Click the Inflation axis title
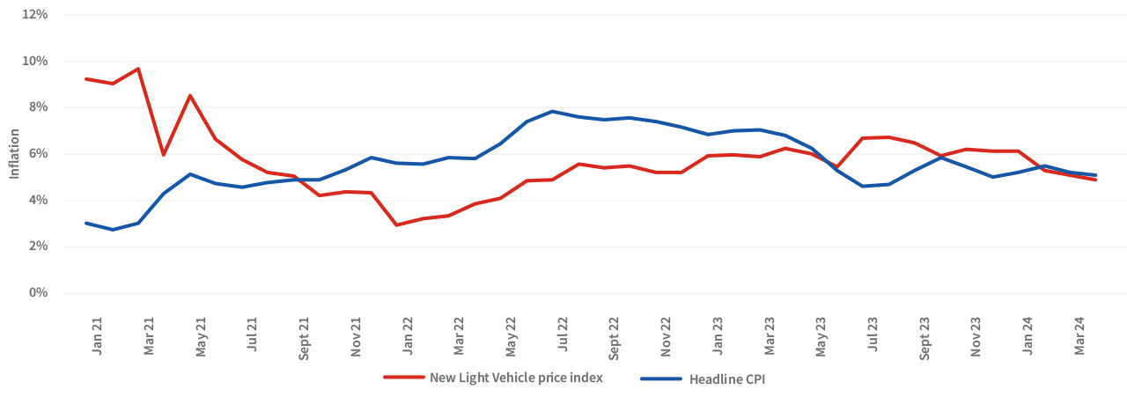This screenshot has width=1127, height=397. coord(14,154)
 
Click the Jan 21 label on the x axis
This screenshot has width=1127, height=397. coord(98,336)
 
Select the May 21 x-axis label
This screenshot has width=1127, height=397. coord(201,336)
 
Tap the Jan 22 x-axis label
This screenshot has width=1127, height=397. coord(409,336)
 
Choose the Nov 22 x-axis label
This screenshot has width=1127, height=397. coord(667,336)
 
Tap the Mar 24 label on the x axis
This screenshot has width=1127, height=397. coord(1079,336)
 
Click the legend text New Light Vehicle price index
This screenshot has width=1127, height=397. coord(516,379)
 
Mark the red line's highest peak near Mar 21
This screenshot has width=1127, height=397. coord(138,69)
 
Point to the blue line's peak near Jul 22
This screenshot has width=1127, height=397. coord(552,111)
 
